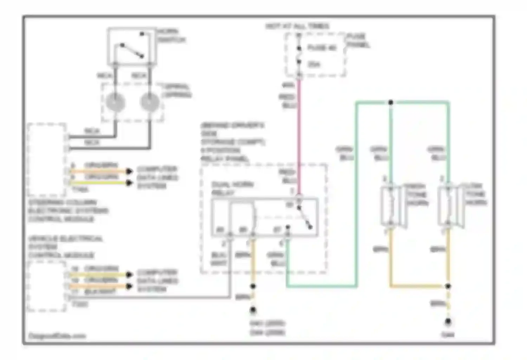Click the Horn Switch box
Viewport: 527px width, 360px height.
[x=131, y=46]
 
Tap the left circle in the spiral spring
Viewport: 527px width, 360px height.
[x=116, y=102]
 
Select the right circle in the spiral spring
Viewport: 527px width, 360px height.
[x=150, y=102]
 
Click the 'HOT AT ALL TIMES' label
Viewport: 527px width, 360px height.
[x=297, y=26]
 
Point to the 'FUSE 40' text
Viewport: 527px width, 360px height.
[x=322, y=47]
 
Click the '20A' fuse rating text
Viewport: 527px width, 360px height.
[x=314, y=64]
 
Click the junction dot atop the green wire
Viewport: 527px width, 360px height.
[x=391, y=102]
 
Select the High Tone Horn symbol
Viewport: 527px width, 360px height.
[x=391, y=205]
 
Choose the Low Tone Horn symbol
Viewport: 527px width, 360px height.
[x=448, y=205]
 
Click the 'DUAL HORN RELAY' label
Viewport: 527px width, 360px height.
[x=233, y=189]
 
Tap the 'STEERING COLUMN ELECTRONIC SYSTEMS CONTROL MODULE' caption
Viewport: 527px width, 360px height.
[x=68, y=211]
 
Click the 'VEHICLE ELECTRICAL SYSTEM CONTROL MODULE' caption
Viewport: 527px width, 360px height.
[x=65, y=247]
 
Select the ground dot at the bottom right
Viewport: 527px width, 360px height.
[x=448, y=321]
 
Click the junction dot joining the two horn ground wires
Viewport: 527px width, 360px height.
[x=448, y=286]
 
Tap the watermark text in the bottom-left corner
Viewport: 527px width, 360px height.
[x=57, y=336]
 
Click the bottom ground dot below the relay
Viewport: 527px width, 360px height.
[x=253, y=310]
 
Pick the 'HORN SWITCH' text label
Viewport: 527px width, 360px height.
[x=171, y=36]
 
